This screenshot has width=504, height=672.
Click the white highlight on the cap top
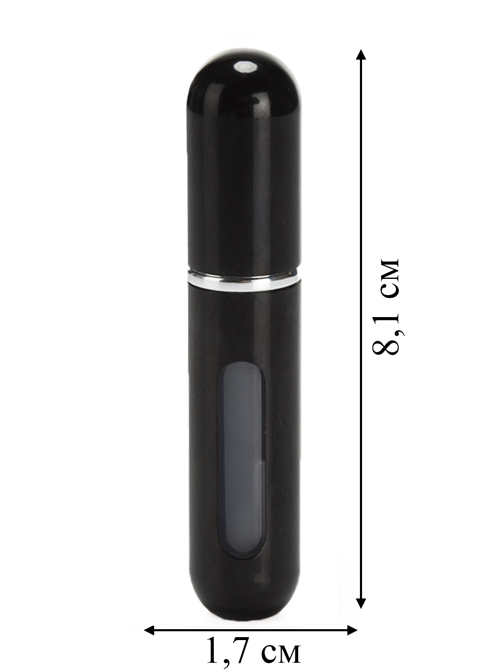[244, 66]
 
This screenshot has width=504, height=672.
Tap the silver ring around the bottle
[244, 279]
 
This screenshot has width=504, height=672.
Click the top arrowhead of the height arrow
[361, 55]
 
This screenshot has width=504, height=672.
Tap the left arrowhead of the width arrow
[150, 628]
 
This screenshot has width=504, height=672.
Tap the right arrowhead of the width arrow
[352, 628]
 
